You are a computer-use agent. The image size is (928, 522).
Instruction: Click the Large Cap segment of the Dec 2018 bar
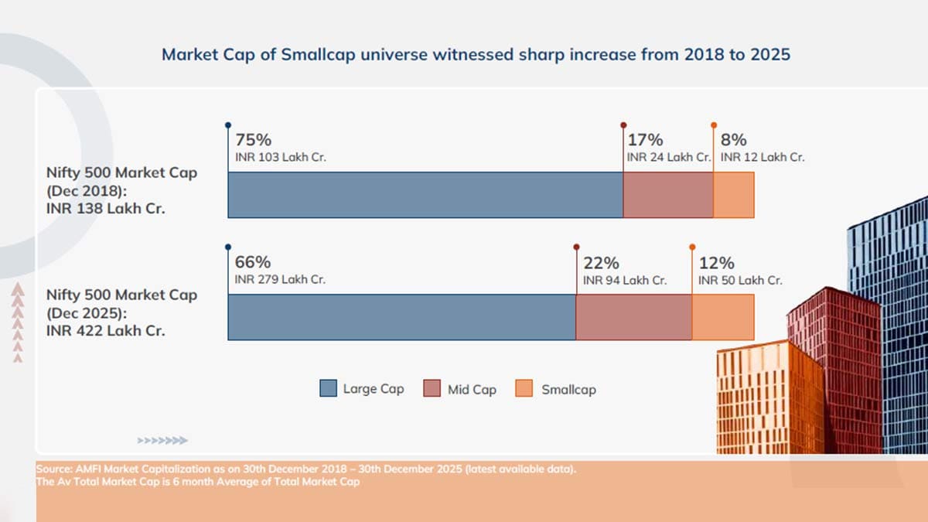pos(425,195)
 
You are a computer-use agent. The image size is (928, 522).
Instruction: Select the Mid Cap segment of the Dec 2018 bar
pos(668,195)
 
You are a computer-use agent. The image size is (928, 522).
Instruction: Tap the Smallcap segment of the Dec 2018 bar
pos(734,195)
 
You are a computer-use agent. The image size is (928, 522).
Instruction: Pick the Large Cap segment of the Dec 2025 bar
pos(402,317)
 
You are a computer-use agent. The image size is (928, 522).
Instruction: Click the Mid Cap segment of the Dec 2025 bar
pos(634,317)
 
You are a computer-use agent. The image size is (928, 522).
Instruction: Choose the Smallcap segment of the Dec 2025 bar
pos(723,317)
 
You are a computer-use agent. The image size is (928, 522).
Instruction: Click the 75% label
pos(254,140)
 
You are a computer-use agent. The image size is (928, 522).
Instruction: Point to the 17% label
pos(646,140)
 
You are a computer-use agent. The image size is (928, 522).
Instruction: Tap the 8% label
pos(734,140)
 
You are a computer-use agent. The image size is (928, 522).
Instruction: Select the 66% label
pos(253,262)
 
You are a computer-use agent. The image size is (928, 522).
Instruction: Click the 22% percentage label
pos(602,263)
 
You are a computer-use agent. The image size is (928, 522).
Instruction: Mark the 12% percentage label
pos(717,263)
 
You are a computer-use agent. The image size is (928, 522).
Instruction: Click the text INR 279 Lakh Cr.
pos(280,280)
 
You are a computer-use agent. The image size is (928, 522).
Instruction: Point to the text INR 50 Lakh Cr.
pos(740,281)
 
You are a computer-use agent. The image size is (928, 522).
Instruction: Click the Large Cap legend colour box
pos(328,388)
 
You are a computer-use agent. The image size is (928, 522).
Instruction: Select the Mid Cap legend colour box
pos(432,388)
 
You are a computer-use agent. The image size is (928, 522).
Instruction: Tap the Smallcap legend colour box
pos(524,388)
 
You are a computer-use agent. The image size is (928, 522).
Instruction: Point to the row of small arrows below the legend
pos(162,440)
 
